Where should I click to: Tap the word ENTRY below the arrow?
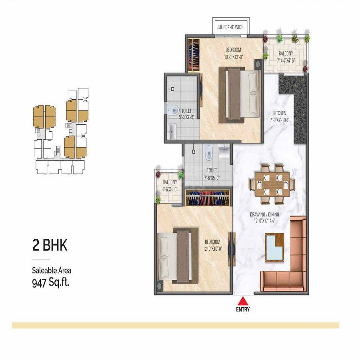coord(243,309)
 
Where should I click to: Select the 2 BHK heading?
coord(50,245)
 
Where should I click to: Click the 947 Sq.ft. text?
coord(51,283)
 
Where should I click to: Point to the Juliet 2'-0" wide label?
coord(232,28)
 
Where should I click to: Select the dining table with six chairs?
coord(272,182)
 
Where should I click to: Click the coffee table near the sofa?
coord(274,246)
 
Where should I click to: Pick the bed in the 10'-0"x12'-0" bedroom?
coord(239,95)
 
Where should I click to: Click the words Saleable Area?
coord(52,271)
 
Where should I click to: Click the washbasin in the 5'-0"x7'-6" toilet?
coord(172,131)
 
